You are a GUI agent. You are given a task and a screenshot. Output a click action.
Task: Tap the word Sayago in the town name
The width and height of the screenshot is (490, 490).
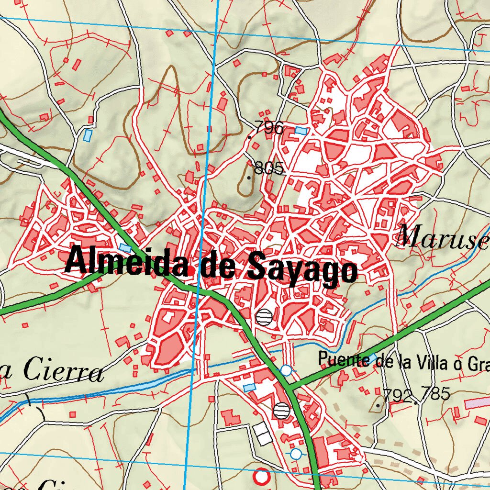pyautogui.click(x=301, y=273)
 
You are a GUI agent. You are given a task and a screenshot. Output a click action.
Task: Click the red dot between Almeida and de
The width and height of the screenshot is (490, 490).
pyautogui.click(x=191, y=271)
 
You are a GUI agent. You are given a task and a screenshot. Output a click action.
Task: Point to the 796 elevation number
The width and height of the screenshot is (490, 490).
pyautogui.click(x=269, y=128)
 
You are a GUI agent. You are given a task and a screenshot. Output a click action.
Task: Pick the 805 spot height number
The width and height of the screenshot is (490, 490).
pyautogui.click(x=270, y=168)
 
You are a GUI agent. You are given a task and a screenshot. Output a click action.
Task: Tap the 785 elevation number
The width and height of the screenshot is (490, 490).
pyautogui.click(x=435, y=394)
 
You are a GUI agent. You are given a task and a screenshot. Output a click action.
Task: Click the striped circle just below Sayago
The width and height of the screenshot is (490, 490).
pyautogui.click(x=264, y=316)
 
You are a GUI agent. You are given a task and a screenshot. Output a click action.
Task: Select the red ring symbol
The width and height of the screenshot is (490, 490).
pyautogui.click(x=261, y=477)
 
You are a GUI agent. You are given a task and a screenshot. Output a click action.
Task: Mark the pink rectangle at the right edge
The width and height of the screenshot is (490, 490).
pyautogui.click(x=477, y=403)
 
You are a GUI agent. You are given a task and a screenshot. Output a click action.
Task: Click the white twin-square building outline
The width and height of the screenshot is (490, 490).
pyautogui.click(x=262, y=434)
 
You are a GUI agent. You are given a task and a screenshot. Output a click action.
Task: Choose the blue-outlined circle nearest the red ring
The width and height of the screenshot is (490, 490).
pyautogui.click(x=296, y=453)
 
